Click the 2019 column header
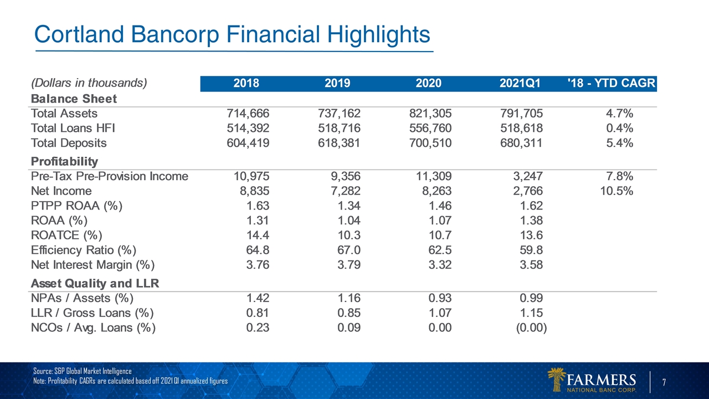tap(337, 84)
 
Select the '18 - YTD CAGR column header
tap(612, 84)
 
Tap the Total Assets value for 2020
tap(428, 114)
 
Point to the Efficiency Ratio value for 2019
tap(349, 249)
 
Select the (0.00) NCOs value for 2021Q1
tap(531, 328)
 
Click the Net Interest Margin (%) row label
tap(93, 264)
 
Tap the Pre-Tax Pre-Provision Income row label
tap(110, 176)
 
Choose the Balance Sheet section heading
tap(74, 99)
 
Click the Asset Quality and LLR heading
tap(95, 284)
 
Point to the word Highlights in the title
tap(379, 35)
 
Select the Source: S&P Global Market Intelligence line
tap(83, 371)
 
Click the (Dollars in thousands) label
tap(89, 84)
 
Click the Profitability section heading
tap(64, 162)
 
